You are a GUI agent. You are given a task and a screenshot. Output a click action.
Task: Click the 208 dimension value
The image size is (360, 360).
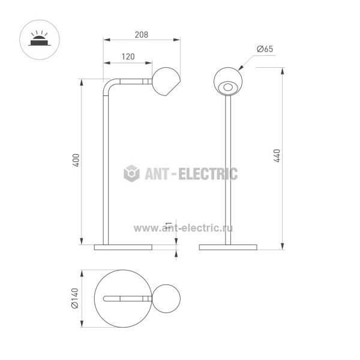141,35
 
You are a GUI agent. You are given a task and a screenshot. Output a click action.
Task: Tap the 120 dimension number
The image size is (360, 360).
128,56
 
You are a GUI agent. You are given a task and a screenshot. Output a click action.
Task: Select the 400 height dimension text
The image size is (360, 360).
76,160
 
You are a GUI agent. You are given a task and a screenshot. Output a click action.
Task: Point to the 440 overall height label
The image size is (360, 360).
277,155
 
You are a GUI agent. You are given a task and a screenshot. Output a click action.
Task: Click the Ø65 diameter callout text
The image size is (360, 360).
265,49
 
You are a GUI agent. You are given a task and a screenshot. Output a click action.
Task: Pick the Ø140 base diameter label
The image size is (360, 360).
75,298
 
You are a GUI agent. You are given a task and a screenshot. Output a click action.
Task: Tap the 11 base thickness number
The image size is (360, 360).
169,225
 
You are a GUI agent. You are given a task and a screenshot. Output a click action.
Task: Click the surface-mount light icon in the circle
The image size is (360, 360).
40,40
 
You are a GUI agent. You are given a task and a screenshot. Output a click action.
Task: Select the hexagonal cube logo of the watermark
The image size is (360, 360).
131,173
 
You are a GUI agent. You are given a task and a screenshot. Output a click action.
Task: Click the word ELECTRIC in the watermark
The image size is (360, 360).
208,173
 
